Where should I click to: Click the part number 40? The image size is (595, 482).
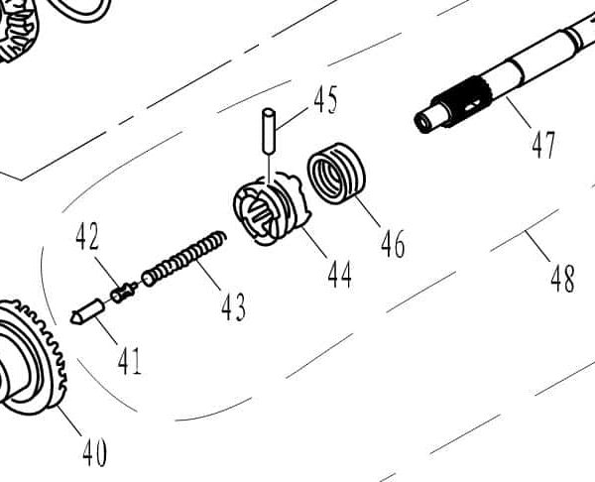point(94,453)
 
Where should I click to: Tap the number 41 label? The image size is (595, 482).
point(129,361)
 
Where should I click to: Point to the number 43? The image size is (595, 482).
point(233,307)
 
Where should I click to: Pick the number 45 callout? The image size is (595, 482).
point(325,100)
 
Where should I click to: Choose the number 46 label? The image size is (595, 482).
point(393,243)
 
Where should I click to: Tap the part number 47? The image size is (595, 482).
point(542,146)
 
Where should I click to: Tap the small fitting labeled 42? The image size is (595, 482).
point(123,292)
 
